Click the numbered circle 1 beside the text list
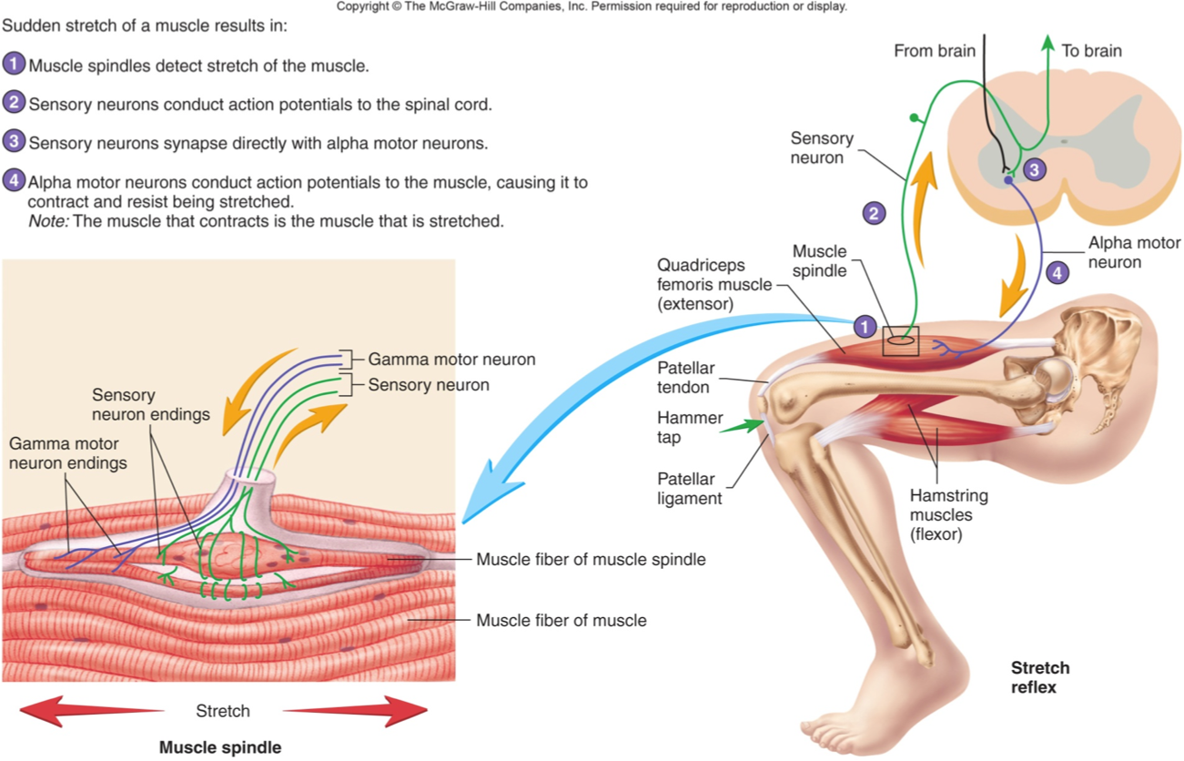click(x=15, y=65)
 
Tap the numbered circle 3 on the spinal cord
click(x=1034, y=168)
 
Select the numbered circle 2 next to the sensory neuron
click(x=874, y=213)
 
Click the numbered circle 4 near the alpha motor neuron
click(x=1057, y=271)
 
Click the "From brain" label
click(x=934, y=51)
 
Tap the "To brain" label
click(x=1091, y=51)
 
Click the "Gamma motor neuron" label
click(x=451, y=359)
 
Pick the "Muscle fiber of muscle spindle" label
click(x=591, y=559)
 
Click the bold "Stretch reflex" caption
click(x=1040, y=677)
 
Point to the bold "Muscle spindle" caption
click(x=220, y=747)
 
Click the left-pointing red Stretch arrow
click(x=91, y=710)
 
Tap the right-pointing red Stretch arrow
click(x=355, y=710)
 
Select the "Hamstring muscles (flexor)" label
click(x=948, y=515)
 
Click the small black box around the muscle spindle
click(x=901, y=341)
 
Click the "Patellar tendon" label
click(x=686, y=378)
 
